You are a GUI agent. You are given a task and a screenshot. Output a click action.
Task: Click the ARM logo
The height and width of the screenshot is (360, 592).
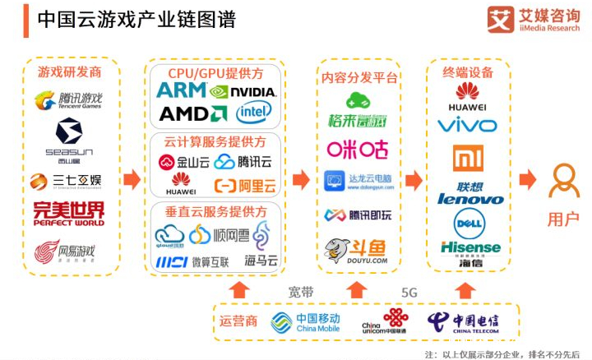181,90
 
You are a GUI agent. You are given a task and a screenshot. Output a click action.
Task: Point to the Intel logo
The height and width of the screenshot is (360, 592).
254,113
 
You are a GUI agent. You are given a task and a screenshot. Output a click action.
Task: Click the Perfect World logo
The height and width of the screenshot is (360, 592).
69,213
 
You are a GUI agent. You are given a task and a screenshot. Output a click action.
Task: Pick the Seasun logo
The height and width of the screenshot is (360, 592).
69,136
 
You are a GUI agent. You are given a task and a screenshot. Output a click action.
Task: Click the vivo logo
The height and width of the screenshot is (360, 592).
467,125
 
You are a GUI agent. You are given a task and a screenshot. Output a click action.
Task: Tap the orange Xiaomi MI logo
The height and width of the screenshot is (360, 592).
466,158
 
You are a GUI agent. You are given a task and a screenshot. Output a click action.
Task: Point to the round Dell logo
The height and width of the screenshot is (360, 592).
466,222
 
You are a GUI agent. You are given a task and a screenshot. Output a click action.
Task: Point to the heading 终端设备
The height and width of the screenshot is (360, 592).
468,72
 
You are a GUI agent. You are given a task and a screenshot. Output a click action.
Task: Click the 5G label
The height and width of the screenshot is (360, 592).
409,293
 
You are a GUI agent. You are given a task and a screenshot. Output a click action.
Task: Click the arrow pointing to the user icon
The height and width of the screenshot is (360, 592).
526,179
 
